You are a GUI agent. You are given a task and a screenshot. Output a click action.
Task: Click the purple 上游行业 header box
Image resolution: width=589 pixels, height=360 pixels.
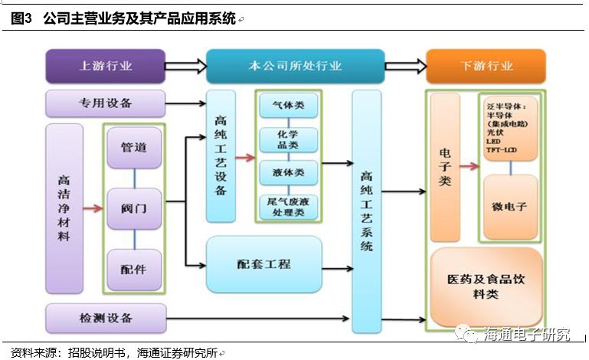tap(106, 66)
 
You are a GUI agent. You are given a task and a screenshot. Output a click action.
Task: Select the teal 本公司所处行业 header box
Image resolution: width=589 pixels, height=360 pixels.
tap(295, 66)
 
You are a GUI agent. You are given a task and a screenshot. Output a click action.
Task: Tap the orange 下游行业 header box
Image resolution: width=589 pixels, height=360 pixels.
tap(486, 66)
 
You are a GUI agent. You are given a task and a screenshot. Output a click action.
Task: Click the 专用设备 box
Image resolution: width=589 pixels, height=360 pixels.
tap(106, 103)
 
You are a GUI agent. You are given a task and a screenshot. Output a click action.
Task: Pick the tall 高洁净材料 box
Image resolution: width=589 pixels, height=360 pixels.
tap(64, 208)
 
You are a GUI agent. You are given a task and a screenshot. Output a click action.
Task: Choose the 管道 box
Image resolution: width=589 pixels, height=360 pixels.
tap(134, 147)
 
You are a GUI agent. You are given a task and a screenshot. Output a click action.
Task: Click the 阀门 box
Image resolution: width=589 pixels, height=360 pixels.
tap(134, 208)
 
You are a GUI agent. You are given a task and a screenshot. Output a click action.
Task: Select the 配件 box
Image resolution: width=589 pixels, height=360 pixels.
tap(134, 269)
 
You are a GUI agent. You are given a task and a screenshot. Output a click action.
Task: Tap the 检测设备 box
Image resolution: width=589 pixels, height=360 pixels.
tap(106, 318)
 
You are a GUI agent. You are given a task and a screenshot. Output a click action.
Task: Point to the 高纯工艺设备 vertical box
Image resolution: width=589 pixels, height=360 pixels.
tap(221, 157)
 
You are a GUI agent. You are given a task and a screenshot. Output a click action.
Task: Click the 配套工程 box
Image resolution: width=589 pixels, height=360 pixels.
tap(263, 263)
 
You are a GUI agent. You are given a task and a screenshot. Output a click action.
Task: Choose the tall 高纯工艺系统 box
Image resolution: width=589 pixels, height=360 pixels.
tap(367, 211)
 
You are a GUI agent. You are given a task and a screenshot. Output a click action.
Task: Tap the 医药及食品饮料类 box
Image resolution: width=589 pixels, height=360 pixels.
tap(485, 286)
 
